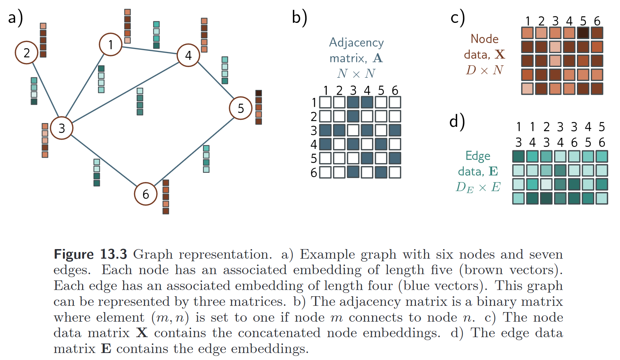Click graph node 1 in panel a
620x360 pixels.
click(111, 45)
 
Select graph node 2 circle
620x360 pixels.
click(27, 53)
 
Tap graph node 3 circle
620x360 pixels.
click(62, 128)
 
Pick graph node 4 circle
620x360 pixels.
click(188, 55)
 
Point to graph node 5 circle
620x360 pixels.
click(241, 108)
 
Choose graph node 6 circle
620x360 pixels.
click(146, 194)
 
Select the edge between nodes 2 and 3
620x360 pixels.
click(46, 90)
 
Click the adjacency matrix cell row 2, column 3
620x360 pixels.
click(353, 116)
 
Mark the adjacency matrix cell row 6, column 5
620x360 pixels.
click(381, 172)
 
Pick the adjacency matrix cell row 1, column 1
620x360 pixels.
click(325, 102)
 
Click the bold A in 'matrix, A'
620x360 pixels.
click(378, 58)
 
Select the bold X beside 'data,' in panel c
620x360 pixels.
click(500, 55)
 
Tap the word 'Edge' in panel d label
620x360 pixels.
click(478, 156)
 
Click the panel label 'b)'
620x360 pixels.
click(299, 17)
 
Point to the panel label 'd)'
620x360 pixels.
click(457, 121)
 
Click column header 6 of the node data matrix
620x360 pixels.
click(597, 21)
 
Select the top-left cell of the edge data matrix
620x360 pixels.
click(518, 156)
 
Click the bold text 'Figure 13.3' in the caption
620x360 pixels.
click(90, 254)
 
